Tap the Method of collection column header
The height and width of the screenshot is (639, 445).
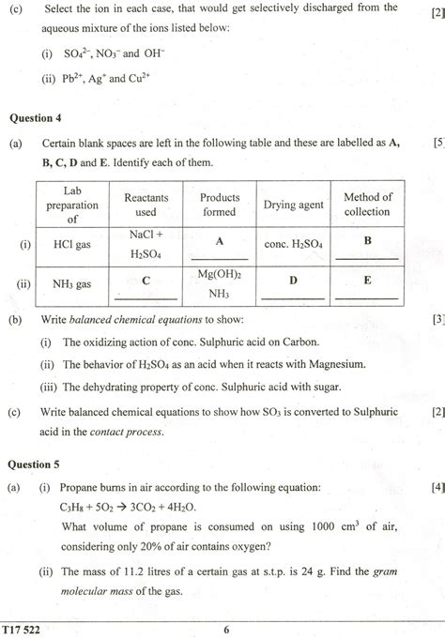coord(367,205)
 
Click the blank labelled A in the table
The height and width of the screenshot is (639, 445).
coord(219,241)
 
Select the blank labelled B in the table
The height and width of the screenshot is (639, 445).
coord(367,241)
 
